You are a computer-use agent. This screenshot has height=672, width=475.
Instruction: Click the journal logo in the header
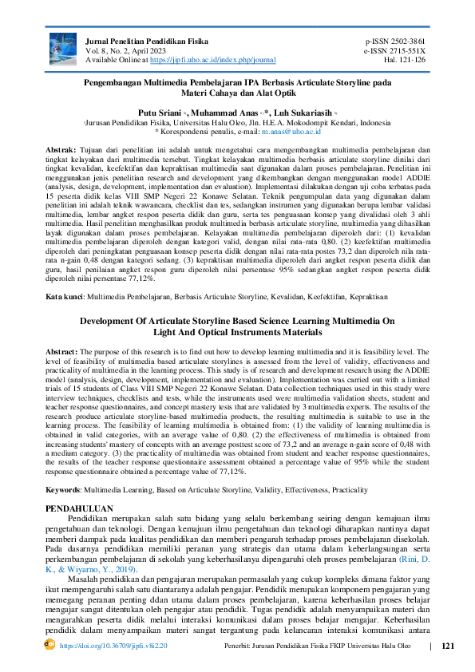(63, 49)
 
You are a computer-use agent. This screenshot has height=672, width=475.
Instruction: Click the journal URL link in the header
(212, 60)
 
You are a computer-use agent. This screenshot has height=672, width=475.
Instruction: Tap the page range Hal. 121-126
(405, 60)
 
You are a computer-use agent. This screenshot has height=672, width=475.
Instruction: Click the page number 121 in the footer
(447, 646)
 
